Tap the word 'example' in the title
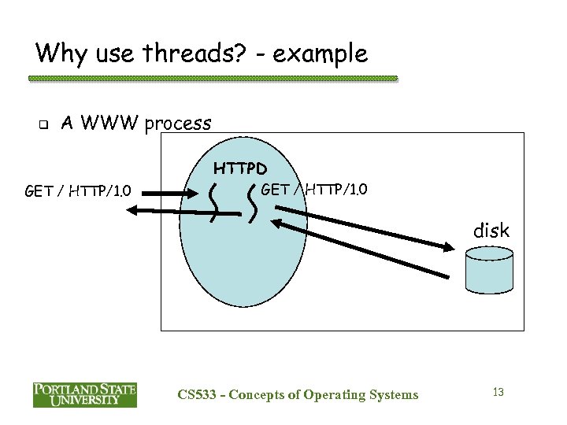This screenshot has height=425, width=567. click(x=322, y=54)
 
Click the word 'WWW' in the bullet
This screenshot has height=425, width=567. click(x=113, y=124)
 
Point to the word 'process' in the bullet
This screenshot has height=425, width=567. click(x=179, y=124)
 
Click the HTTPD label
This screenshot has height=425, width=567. click(x=241, y=168)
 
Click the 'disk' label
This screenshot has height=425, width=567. click(x=491, y=231)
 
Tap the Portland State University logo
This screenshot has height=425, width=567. click(x=84, y=394)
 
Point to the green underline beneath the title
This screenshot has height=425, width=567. click(x=213, y=79)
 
